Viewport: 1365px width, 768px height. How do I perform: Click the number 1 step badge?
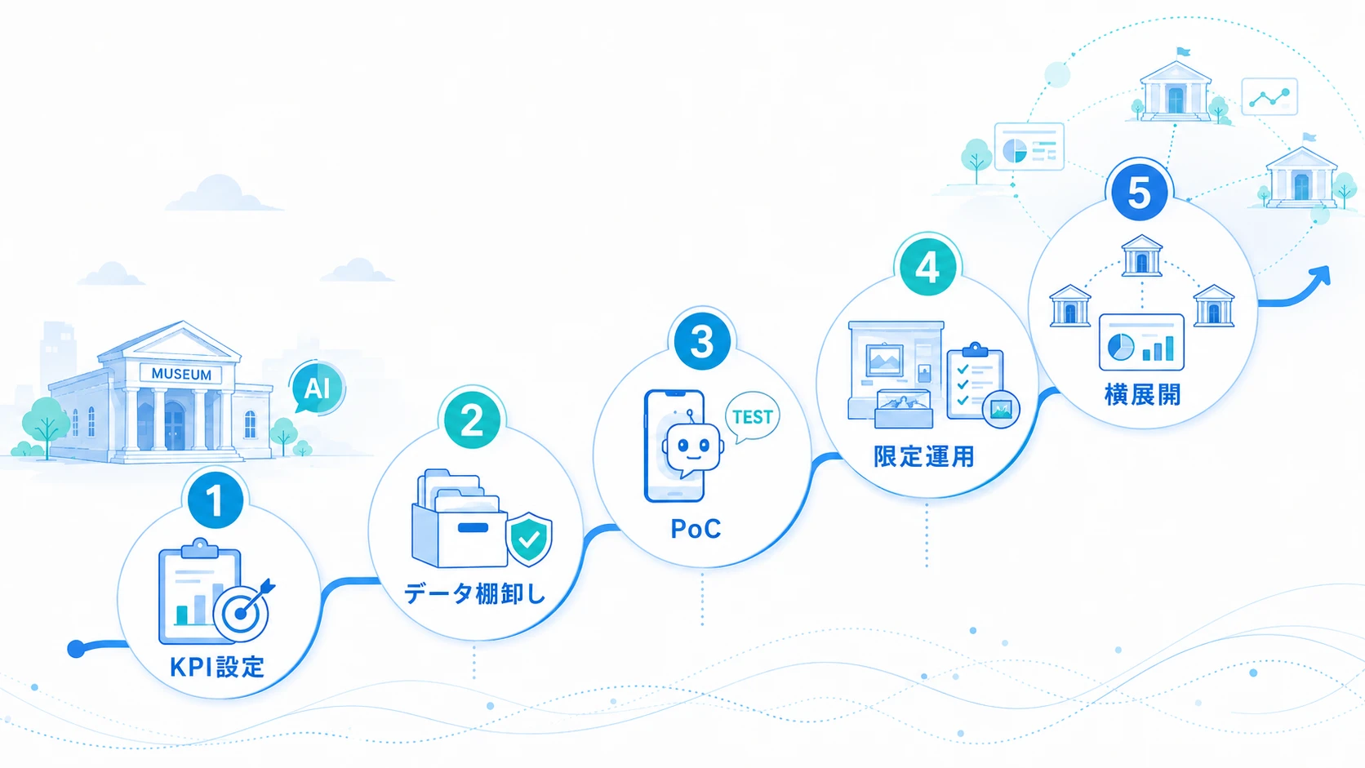tap(215, 500)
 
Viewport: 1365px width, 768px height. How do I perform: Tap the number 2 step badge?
tap(472, 420)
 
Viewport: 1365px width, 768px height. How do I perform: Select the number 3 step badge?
tap(702, 341)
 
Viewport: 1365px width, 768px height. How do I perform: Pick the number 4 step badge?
tap(927, 267)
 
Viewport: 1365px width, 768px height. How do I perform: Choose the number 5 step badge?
tap(1139, 193)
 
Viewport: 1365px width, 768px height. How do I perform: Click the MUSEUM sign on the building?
tap(181, 374)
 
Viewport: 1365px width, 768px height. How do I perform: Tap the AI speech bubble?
tap(317, 388)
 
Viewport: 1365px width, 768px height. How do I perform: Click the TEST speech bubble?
tap(753, 417)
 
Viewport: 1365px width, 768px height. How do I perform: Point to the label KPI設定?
tap(217, 668)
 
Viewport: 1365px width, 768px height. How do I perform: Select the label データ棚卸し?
tap(474, 593)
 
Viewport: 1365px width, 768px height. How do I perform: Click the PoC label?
tap(696, 529)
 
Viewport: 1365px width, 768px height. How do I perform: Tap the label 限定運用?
tap(924, 456)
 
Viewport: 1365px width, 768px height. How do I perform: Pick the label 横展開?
tap(1143, 395)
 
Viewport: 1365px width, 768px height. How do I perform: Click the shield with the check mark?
tap(529, 539)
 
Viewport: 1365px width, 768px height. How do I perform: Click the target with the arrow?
tap(242, 611)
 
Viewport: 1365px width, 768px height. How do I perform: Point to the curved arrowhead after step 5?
tap(1321, 277)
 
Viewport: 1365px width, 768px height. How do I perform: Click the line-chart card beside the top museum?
tap(1270, 97)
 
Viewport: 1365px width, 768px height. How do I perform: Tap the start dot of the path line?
tap(76, 649)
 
